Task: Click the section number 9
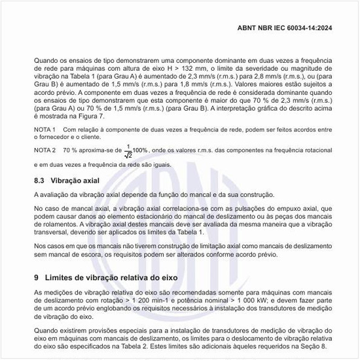37,278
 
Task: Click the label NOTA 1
45,130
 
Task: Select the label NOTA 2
45,150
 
